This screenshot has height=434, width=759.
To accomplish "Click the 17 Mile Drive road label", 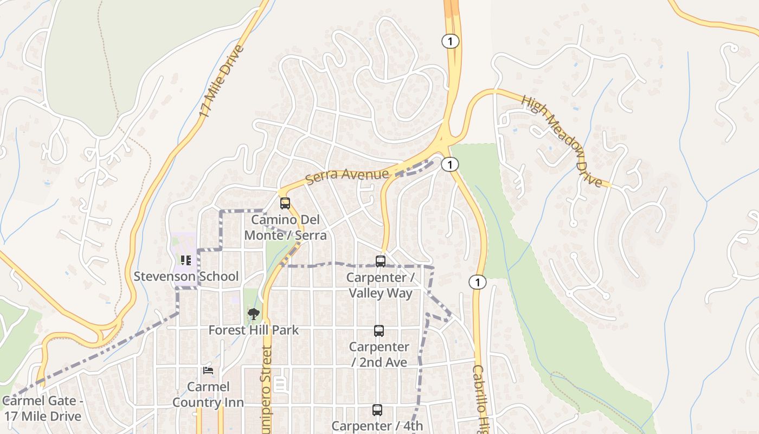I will [222, 82].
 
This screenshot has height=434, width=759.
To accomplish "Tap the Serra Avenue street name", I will [348, 175].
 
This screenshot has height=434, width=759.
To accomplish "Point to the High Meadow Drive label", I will [562, 141].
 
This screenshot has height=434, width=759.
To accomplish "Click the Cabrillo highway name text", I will [478, 399].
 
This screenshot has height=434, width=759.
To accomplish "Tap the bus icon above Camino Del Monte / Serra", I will [285, 203].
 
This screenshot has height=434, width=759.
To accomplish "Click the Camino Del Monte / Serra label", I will [286, 228].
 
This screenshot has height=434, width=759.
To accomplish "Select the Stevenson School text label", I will [186, 276].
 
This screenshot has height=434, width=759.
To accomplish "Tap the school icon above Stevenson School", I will [186, 260].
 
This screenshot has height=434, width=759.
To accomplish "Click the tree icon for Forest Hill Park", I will [253, 314].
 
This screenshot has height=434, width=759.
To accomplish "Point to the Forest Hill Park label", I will [253, 330].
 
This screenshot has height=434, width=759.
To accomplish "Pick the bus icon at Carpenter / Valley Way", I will [381, 261].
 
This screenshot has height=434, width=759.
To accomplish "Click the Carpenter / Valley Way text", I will [381, 285].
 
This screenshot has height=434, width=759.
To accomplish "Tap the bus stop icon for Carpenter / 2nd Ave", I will [378, 330].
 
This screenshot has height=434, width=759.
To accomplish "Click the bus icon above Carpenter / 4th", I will [377, 410].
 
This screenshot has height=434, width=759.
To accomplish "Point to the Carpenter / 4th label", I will [377, 426].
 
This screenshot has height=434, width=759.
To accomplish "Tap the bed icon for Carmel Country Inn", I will [208, 371].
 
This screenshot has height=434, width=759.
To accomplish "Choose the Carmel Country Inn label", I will [208, 394].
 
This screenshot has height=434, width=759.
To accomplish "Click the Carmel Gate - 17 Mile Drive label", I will [43, 409].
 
